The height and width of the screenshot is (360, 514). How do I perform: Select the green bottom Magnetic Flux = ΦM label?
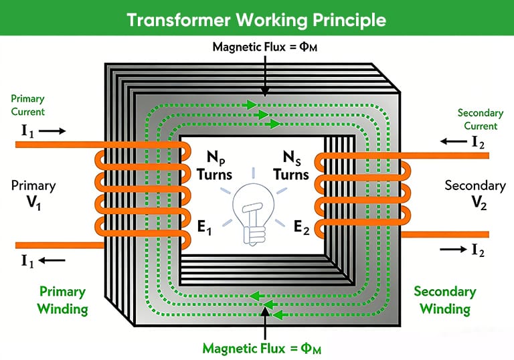[266, 347]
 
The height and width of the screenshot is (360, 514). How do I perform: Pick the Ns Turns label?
[290, 167]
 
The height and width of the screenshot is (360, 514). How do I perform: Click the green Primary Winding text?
[63, 300]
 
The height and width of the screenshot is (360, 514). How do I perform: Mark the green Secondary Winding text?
[444, 300]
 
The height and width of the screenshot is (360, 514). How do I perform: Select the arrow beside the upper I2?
[454, 141]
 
